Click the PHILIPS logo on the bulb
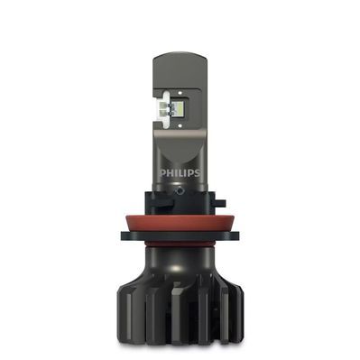tap(180, 168)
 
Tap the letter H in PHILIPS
tap(171, 168)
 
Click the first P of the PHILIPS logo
tap(163, 168)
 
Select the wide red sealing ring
tap(180, 217)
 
